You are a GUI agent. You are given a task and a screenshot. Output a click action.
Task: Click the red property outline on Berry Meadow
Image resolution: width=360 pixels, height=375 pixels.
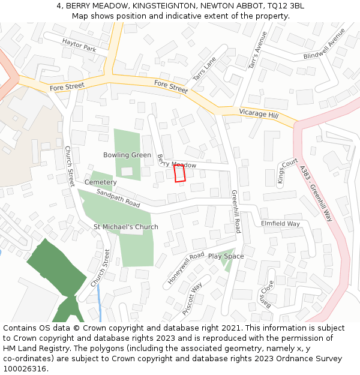tap(179, 173)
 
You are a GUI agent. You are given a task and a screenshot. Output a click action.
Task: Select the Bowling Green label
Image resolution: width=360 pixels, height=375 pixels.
tap(127, 155)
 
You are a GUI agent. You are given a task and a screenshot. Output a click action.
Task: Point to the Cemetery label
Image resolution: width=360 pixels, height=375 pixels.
tap(100, 182)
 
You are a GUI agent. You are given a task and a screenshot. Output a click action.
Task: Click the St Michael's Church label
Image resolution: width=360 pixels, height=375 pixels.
tap(126, 227)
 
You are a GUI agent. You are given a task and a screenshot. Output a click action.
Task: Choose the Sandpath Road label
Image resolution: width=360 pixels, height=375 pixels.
tap(118, 199)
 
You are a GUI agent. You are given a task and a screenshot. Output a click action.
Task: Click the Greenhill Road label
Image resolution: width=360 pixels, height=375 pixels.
tap(236, 211)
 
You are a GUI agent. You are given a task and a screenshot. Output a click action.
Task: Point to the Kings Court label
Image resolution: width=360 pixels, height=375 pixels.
tap(287, 170)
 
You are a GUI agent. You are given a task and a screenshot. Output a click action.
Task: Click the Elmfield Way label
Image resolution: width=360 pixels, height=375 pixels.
tap(280, 224)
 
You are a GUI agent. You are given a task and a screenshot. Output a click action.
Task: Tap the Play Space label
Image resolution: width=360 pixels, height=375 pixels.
tap(226, 256)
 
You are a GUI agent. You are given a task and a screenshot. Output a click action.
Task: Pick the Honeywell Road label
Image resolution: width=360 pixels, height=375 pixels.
tap(186, 267)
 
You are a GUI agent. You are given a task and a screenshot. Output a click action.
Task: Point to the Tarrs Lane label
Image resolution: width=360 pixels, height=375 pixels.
tap(204, 70)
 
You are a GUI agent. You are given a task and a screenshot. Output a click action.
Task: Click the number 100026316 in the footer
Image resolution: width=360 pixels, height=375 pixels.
tap(26, 369)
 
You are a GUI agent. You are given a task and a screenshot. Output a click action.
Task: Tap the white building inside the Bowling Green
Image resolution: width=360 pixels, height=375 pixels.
tap(127, 172)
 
